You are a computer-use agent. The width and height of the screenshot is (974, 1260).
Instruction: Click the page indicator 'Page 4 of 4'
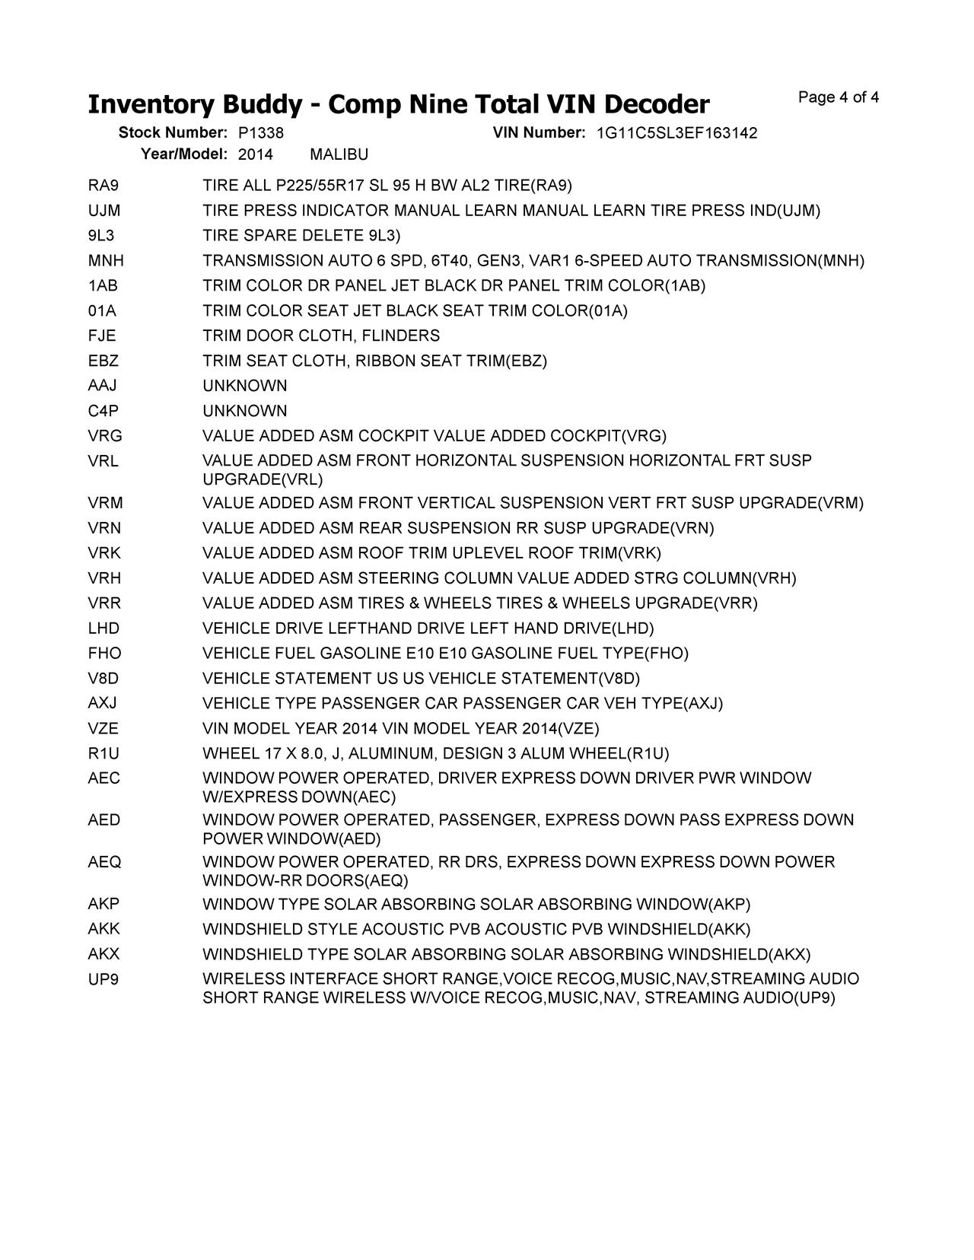pyautogui.click(x=839, y=97)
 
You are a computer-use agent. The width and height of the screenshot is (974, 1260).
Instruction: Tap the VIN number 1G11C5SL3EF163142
pyautogui.click(x=676, y=133)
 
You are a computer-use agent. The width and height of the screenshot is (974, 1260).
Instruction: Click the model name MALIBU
pyautogui.click(x=339, y=155)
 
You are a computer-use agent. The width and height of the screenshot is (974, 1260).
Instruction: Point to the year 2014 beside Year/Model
pyautogui.click(x=255, y=155)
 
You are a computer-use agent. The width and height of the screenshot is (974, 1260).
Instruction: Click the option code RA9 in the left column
pyautogui.click(x=103, y=186)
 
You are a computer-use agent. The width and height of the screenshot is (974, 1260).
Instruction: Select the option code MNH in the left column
pyautogui.click(x=106, y=261)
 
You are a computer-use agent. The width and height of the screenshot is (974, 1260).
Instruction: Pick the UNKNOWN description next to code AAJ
pyautogui.click(x=244, y=387)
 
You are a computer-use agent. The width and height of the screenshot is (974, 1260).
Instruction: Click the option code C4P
pyautogui.click(x=103, y=412)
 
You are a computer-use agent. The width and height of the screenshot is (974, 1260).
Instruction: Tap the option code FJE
pyautogui.click(x=102, y=336)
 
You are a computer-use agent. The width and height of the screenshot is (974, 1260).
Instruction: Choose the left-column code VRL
pyautogui.click(x=103, y=461)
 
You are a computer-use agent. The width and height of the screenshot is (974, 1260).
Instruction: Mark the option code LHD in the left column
pyautogui.click(x=104, y=629)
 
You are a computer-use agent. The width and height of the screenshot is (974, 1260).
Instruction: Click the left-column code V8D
pyautogui.click(x=103, y=679)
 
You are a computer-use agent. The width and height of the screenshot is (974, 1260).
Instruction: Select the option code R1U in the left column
pyautogui.click(x=103, y=754)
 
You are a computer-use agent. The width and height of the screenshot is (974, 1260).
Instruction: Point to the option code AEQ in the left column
pyautogui.click(x=104, y=863)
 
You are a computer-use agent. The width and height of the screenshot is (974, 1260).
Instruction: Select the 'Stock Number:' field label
pyautogui.click(x=173, y=133)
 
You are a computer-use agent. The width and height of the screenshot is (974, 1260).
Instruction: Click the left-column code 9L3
pyautogui.click(x=101, y=236)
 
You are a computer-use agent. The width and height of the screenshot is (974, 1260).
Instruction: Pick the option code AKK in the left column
pyautogui.click(x=104, y=930)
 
